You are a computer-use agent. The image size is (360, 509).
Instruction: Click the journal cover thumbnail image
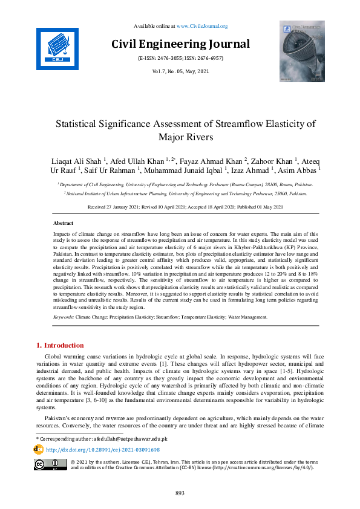[x=301, y=51]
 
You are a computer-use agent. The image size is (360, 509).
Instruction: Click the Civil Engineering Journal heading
[x=180, y=44]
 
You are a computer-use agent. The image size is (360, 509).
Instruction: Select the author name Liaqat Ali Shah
[x=79, y=162]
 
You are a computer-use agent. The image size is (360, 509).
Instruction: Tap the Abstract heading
[x=64, y=223]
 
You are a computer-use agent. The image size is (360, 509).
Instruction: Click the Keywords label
[x=64, y=317]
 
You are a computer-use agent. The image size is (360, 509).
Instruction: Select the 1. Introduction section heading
[x=61, y=345]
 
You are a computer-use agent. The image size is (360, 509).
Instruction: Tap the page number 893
[x=180, y=493]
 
